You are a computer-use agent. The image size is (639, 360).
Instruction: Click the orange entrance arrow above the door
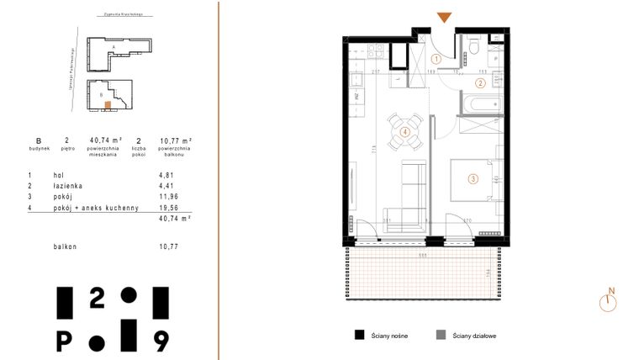(x=444, y=18)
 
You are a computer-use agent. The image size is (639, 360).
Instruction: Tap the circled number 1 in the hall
(x=436, y=60)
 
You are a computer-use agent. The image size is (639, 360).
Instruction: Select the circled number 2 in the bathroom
(x=480, y=82)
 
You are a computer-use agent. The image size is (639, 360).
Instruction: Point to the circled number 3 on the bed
(x=473, y=177)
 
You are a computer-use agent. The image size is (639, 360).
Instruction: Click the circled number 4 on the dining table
(x=405, y=132)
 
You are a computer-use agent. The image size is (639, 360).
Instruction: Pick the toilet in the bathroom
(x=475, y=45)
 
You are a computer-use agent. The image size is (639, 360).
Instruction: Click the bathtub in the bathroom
(x=477, y=105)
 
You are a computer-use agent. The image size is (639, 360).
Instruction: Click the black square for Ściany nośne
(x=359, y=335)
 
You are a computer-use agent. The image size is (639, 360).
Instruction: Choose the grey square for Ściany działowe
(x=441, y=335)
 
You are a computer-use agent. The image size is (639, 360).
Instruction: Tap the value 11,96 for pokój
(x=169, y=195)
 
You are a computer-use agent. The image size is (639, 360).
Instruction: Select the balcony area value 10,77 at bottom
(x=169, y=246)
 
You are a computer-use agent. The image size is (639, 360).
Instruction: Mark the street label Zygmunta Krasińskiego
(x=119, y=14)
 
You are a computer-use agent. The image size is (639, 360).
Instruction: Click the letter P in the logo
(x=64, y=341)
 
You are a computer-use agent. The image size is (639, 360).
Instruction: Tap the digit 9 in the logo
(x=161, y=340)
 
